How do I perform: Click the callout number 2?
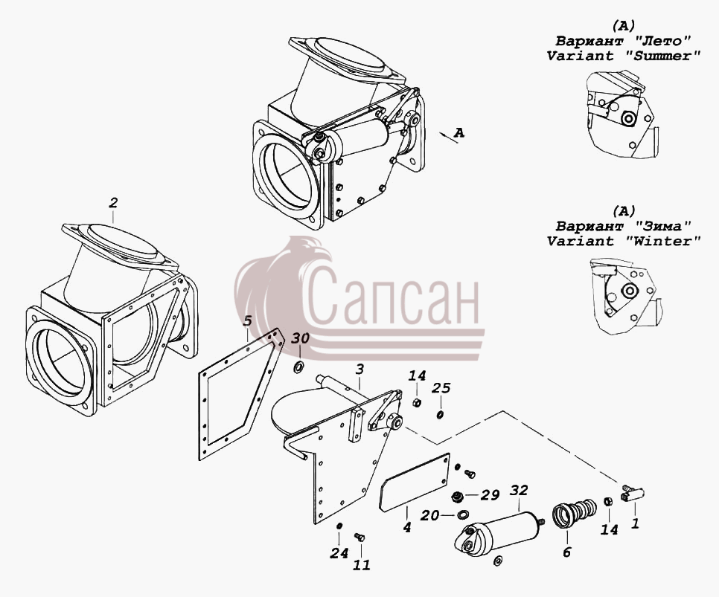click(x=113, y=202)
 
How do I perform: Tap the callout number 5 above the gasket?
click(x=248, y=320)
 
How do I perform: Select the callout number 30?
click(x=301, y=338)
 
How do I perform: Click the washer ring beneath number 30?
click(x=299, y=354)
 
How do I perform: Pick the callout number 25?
click(x=441, y=388)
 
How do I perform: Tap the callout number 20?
click(x=431, y=515)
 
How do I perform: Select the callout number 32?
click(x=519, y=490)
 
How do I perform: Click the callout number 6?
click(x=566, y=552)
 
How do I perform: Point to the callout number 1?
click(x=635, y=523)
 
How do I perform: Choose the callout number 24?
click(x=339, y=553)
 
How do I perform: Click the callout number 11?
click(x=361, y=565)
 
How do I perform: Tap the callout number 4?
click(x=406, y=527)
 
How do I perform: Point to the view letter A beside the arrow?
click(x=459, y=133)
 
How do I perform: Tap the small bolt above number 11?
click(x=359, y=537)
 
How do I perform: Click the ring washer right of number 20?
click(x=463, y=514)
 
